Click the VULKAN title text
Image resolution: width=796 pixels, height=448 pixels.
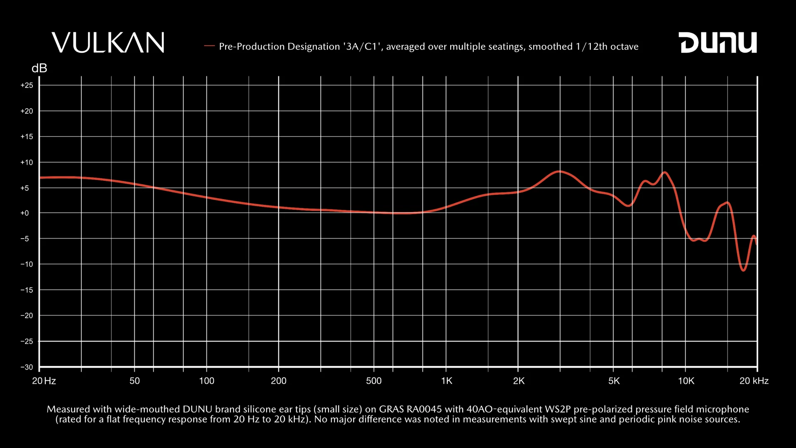click(108, 42)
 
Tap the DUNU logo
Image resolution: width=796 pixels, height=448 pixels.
click(718, 42)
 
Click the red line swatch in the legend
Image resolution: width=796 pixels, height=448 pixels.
click(209, 46)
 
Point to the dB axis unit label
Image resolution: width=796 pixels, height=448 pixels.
click(39, 68)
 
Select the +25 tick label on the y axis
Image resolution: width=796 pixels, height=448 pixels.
click(27, 85)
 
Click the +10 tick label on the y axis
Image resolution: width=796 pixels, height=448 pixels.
click(27, 163)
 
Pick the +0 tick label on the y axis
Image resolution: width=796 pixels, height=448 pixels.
click(25, 213)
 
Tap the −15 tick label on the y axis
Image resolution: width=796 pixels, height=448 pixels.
click(27, 290)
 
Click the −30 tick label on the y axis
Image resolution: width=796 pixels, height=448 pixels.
click(27, 367)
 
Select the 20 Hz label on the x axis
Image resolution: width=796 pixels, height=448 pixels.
click(44, 381)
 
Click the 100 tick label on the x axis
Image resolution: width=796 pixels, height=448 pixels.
click(206, 381)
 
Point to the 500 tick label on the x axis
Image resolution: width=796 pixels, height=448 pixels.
click(374, 381)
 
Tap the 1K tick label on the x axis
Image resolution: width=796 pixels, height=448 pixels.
click(447, 381)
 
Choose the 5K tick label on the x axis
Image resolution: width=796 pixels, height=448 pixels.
click(614, 381)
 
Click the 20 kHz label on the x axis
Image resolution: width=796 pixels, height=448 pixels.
click(754, 381)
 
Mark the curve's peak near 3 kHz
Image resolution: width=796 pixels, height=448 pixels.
click(559, 171)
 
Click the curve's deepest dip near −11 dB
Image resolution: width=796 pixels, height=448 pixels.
click(743, 270)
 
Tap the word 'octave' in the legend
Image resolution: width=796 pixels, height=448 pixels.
click(624, 46)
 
